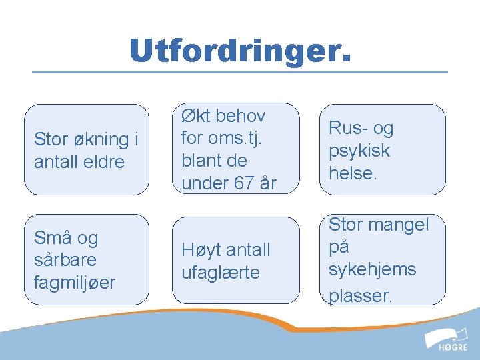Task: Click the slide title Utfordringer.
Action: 239,51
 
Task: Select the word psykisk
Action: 359,151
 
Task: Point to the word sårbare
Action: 65,260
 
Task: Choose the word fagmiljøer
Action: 74,283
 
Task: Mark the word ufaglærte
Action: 221,273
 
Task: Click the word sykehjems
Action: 372,269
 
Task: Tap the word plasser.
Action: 361,295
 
